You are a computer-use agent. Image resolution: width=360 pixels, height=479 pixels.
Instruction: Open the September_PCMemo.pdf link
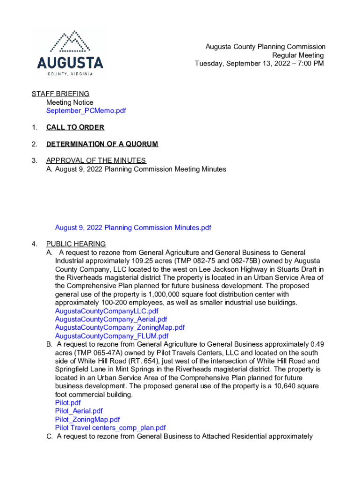[86, 111]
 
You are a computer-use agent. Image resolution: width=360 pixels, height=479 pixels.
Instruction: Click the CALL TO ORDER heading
[75, 127]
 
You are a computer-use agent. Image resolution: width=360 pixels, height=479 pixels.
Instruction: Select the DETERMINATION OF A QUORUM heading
[102, 144]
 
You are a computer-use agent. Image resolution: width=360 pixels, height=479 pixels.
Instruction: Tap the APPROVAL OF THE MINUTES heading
[96, 161]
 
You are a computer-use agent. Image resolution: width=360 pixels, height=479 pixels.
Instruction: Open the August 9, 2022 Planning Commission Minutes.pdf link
[133, 228]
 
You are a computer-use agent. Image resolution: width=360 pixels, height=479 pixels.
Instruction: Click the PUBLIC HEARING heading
[76, 244]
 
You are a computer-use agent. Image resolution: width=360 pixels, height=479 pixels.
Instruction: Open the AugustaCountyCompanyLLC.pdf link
[107, 311]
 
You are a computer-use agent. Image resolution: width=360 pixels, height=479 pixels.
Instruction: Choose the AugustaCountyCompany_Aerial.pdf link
[111, 319]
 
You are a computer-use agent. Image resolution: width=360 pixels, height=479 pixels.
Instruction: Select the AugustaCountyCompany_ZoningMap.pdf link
[120, 328]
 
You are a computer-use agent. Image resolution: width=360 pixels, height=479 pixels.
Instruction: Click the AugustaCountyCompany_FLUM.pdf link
[112, 336]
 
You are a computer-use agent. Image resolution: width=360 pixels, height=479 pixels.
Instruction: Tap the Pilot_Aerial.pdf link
[79, 411]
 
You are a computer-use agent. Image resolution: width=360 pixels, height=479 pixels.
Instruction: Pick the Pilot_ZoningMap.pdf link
[87, 420]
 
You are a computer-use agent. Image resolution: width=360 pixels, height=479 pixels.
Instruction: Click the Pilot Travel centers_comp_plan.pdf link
[110, 428]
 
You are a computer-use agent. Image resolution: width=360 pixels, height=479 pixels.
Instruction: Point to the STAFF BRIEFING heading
[60, 94]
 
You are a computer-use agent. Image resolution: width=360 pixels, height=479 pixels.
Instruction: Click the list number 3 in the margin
[34, 161]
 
